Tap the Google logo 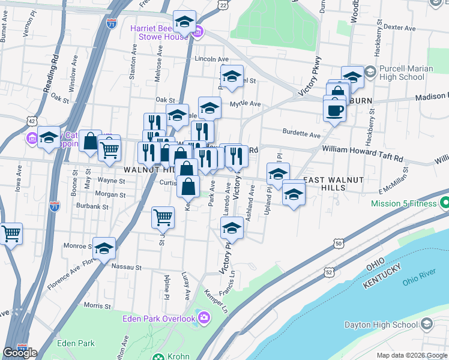coord(20,353)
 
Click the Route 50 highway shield coord(339,244)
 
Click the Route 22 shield coord(223,5)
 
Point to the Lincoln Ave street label coord(212,59)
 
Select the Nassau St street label coord(129,268)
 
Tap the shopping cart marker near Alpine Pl coord(163,217)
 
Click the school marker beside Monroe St coord(104,248)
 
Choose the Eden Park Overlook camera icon coord(204,317)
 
